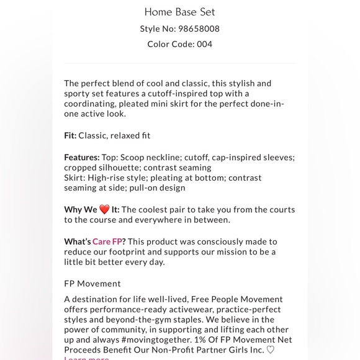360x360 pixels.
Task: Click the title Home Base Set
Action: click(179, 12)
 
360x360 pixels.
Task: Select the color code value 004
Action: click(205, 44)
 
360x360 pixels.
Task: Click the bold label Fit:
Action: click(70, 135)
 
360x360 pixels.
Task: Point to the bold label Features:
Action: click(82, 158)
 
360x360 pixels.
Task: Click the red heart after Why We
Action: click(104, 210)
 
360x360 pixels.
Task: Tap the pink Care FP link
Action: click(109, 241)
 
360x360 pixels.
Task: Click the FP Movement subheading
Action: click(92, 284)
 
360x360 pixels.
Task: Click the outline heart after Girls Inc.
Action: click(270, 349)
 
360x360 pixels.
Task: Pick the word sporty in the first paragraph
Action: click(77, 94)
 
